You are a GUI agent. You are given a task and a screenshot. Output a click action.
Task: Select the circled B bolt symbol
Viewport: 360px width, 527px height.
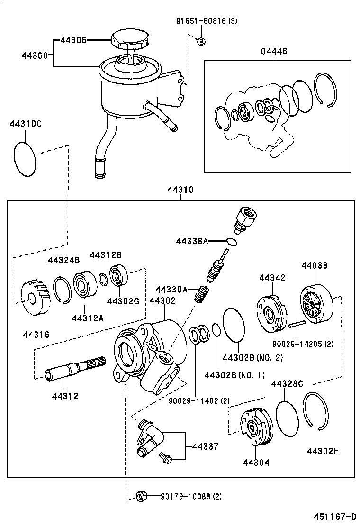(x=201, y=41)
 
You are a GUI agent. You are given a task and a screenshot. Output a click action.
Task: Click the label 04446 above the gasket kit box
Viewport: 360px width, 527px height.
(x=273, y=51)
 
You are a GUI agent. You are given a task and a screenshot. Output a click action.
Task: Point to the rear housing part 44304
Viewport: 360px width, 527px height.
(x=256, y=427)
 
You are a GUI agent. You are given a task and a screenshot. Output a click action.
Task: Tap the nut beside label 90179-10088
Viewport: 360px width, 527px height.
(x=140, y=496)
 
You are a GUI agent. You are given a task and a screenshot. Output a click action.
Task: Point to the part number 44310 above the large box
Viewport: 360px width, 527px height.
(x=180, y=190)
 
